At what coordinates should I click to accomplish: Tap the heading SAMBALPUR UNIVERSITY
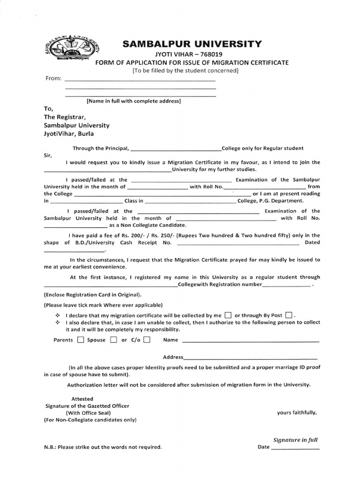click(x=192, y=45)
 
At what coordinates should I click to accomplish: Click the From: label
click(x=53, y=78)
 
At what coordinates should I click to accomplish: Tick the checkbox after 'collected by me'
click(x=228, y=315)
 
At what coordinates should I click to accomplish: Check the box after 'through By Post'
click(x=288, y=315)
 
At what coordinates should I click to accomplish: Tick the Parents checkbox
click(x=81, y=340)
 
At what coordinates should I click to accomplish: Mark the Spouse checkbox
click(x=113, y=340)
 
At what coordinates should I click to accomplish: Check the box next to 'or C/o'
click(x=147, y=340)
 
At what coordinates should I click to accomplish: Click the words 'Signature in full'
click(x=295, y=440)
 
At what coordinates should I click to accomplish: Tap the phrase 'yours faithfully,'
click(x=297, y=413)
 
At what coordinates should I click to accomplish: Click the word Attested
click(x=82, y=399)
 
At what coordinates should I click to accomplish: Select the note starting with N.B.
click(x=102, y=447)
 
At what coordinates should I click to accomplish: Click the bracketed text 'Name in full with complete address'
click(x=134, y=101)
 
